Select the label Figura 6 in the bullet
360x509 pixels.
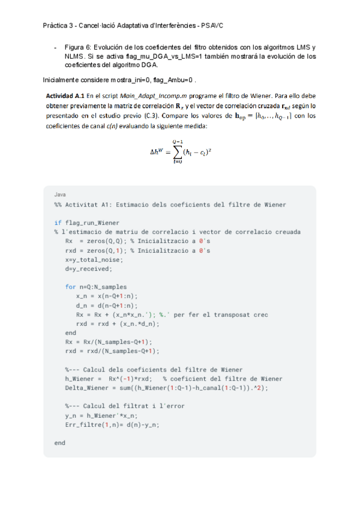coord(78,47)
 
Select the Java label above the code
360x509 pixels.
coord(60,195)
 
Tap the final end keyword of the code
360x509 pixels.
coord(59,442)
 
